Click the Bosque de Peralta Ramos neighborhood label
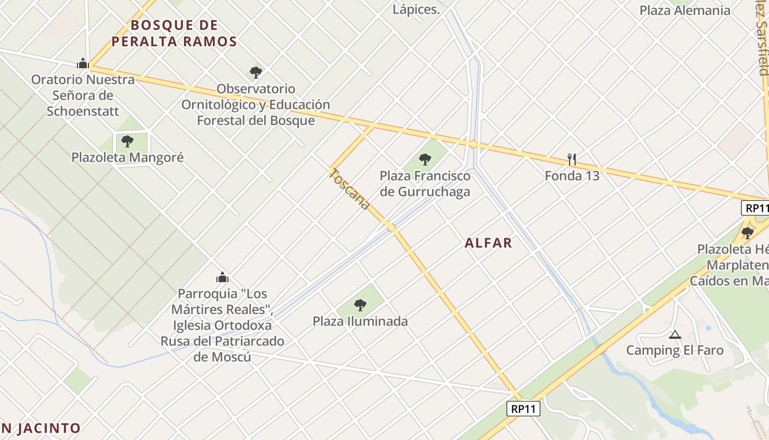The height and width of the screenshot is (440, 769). coord(174,33)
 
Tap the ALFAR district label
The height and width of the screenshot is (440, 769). coord(488,243)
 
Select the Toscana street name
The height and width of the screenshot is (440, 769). coord(350,189)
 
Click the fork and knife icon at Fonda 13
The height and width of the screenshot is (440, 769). coord(572,159)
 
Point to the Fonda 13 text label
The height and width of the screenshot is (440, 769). coord(572,176)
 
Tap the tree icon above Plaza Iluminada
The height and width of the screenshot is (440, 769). coord(360,305)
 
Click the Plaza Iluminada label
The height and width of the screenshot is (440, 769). coord(360,321)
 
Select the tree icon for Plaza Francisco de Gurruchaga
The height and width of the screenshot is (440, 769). coord(425,159)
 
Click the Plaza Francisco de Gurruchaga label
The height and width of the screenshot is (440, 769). coord(425,184)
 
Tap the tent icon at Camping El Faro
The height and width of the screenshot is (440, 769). coord(675,334)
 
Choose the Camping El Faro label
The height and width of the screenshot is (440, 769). coord(675,350)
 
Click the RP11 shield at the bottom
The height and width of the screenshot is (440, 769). coord(523,409)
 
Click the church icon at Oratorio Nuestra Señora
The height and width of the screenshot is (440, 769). coord(83,63)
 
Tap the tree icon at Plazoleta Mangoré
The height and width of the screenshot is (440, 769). coord(127,141)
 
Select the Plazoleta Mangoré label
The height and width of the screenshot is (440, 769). coord(127,158)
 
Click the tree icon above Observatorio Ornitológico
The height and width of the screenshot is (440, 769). coord(255,72)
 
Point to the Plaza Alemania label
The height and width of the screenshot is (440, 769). coord(685,10)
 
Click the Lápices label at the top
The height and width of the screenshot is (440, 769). coord(416,9)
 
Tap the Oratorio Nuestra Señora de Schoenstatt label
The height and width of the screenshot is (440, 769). coord(83,95)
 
